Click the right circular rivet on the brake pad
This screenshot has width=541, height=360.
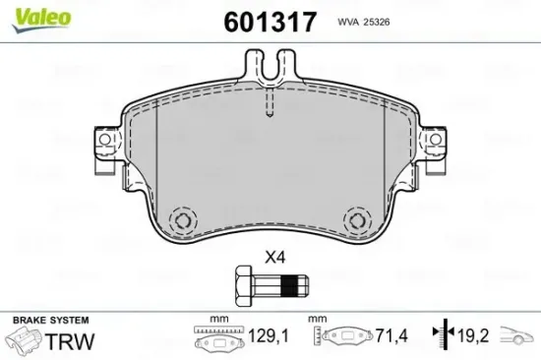click(357, 219)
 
